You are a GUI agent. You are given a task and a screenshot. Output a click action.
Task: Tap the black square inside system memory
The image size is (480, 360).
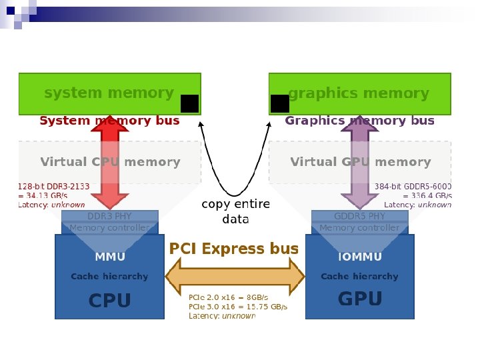point(189,104)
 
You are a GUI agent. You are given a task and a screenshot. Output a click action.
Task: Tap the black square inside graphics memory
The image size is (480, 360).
point(280,103)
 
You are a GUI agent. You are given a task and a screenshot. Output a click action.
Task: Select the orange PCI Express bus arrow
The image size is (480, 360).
point(235,276)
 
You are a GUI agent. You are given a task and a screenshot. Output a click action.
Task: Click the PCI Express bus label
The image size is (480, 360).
point(234,249)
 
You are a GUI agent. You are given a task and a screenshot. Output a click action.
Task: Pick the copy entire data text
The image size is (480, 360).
point(235,211)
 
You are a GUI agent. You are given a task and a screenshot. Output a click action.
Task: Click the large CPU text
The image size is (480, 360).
point(110,301)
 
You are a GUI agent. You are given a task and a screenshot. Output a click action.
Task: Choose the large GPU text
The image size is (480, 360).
point(360,299)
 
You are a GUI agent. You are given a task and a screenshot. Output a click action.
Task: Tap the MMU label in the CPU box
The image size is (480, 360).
point(110,257)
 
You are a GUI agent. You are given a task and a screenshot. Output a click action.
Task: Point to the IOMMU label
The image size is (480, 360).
point(360,257)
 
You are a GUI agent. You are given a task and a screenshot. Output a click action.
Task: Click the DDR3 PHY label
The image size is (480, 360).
point(109,216)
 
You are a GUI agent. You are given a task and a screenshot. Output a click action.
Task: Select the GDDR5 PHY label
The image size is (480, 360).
point(359,216)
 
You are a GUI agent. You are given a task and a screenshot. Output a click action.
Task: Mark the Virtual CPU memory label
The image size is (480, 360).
point(110,162)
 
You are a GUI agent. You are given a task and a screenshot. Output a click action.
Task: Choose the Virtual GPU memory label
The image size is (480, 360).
point(361,162)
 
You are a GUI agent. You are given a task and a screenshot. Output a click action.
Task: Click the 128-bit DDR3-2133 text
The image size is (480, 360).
point(54,187)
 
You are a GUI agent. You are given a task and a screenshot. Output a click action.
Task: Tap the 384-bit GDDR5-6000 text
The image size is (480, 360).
point(413,187)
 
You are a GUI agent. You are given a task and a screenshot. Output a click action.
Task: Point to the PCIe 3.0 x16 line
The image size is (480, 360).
point(237,307)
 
